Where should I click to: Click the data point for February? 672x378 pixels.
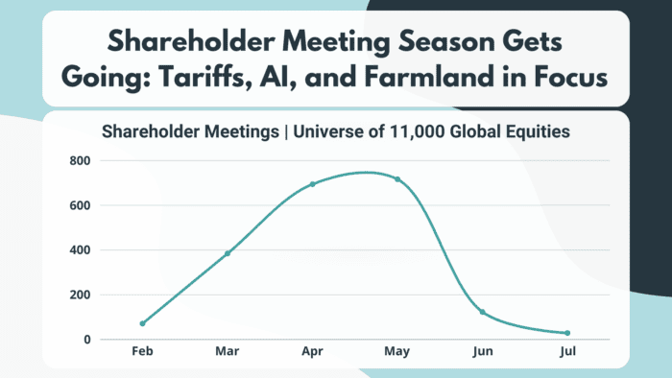[x=143, y=323]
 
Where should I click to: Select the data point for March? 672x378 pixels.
[x=228, y=253]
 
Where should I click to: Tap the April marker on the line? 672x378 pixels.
[x=312, y=184]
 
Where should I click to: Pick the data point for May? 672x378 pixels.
[x=397, y=179]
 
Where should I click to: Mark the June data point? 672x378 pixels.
[x=482, y=313]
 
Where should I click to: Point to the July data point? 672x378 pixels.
[x=567, y=333]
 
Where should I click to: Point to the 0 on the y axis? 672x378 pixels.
[x=86, y=340]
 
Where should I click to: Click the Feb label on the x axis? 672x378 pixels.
[x=143, y=353]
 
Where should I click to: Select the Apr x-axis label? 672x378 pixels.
[x=312, y=353]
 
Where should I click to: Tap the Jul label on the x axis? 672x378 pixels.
[x=567, y=353]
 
